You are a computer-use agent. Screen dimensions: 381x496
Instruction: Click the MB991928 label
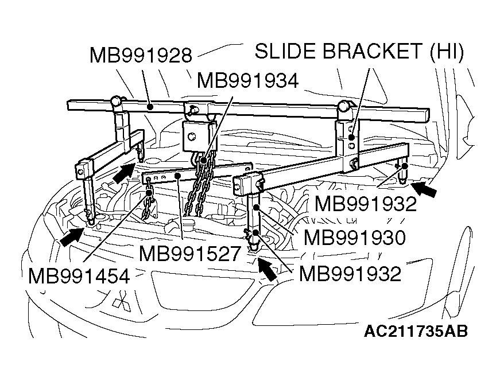140,56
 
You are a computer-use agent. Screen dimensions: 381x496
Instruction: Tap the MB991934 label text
247,80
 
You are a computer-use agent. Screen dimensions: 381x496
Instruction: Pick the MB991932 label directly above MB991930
365,204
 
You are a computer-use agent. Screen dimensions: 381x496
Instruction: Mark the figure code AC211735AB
415,332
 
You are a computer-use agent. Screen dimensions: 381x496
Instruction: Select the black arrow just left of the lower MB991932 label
266,267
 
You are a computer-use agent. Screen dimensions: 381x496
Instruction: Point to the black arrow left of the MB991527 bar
123,172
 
